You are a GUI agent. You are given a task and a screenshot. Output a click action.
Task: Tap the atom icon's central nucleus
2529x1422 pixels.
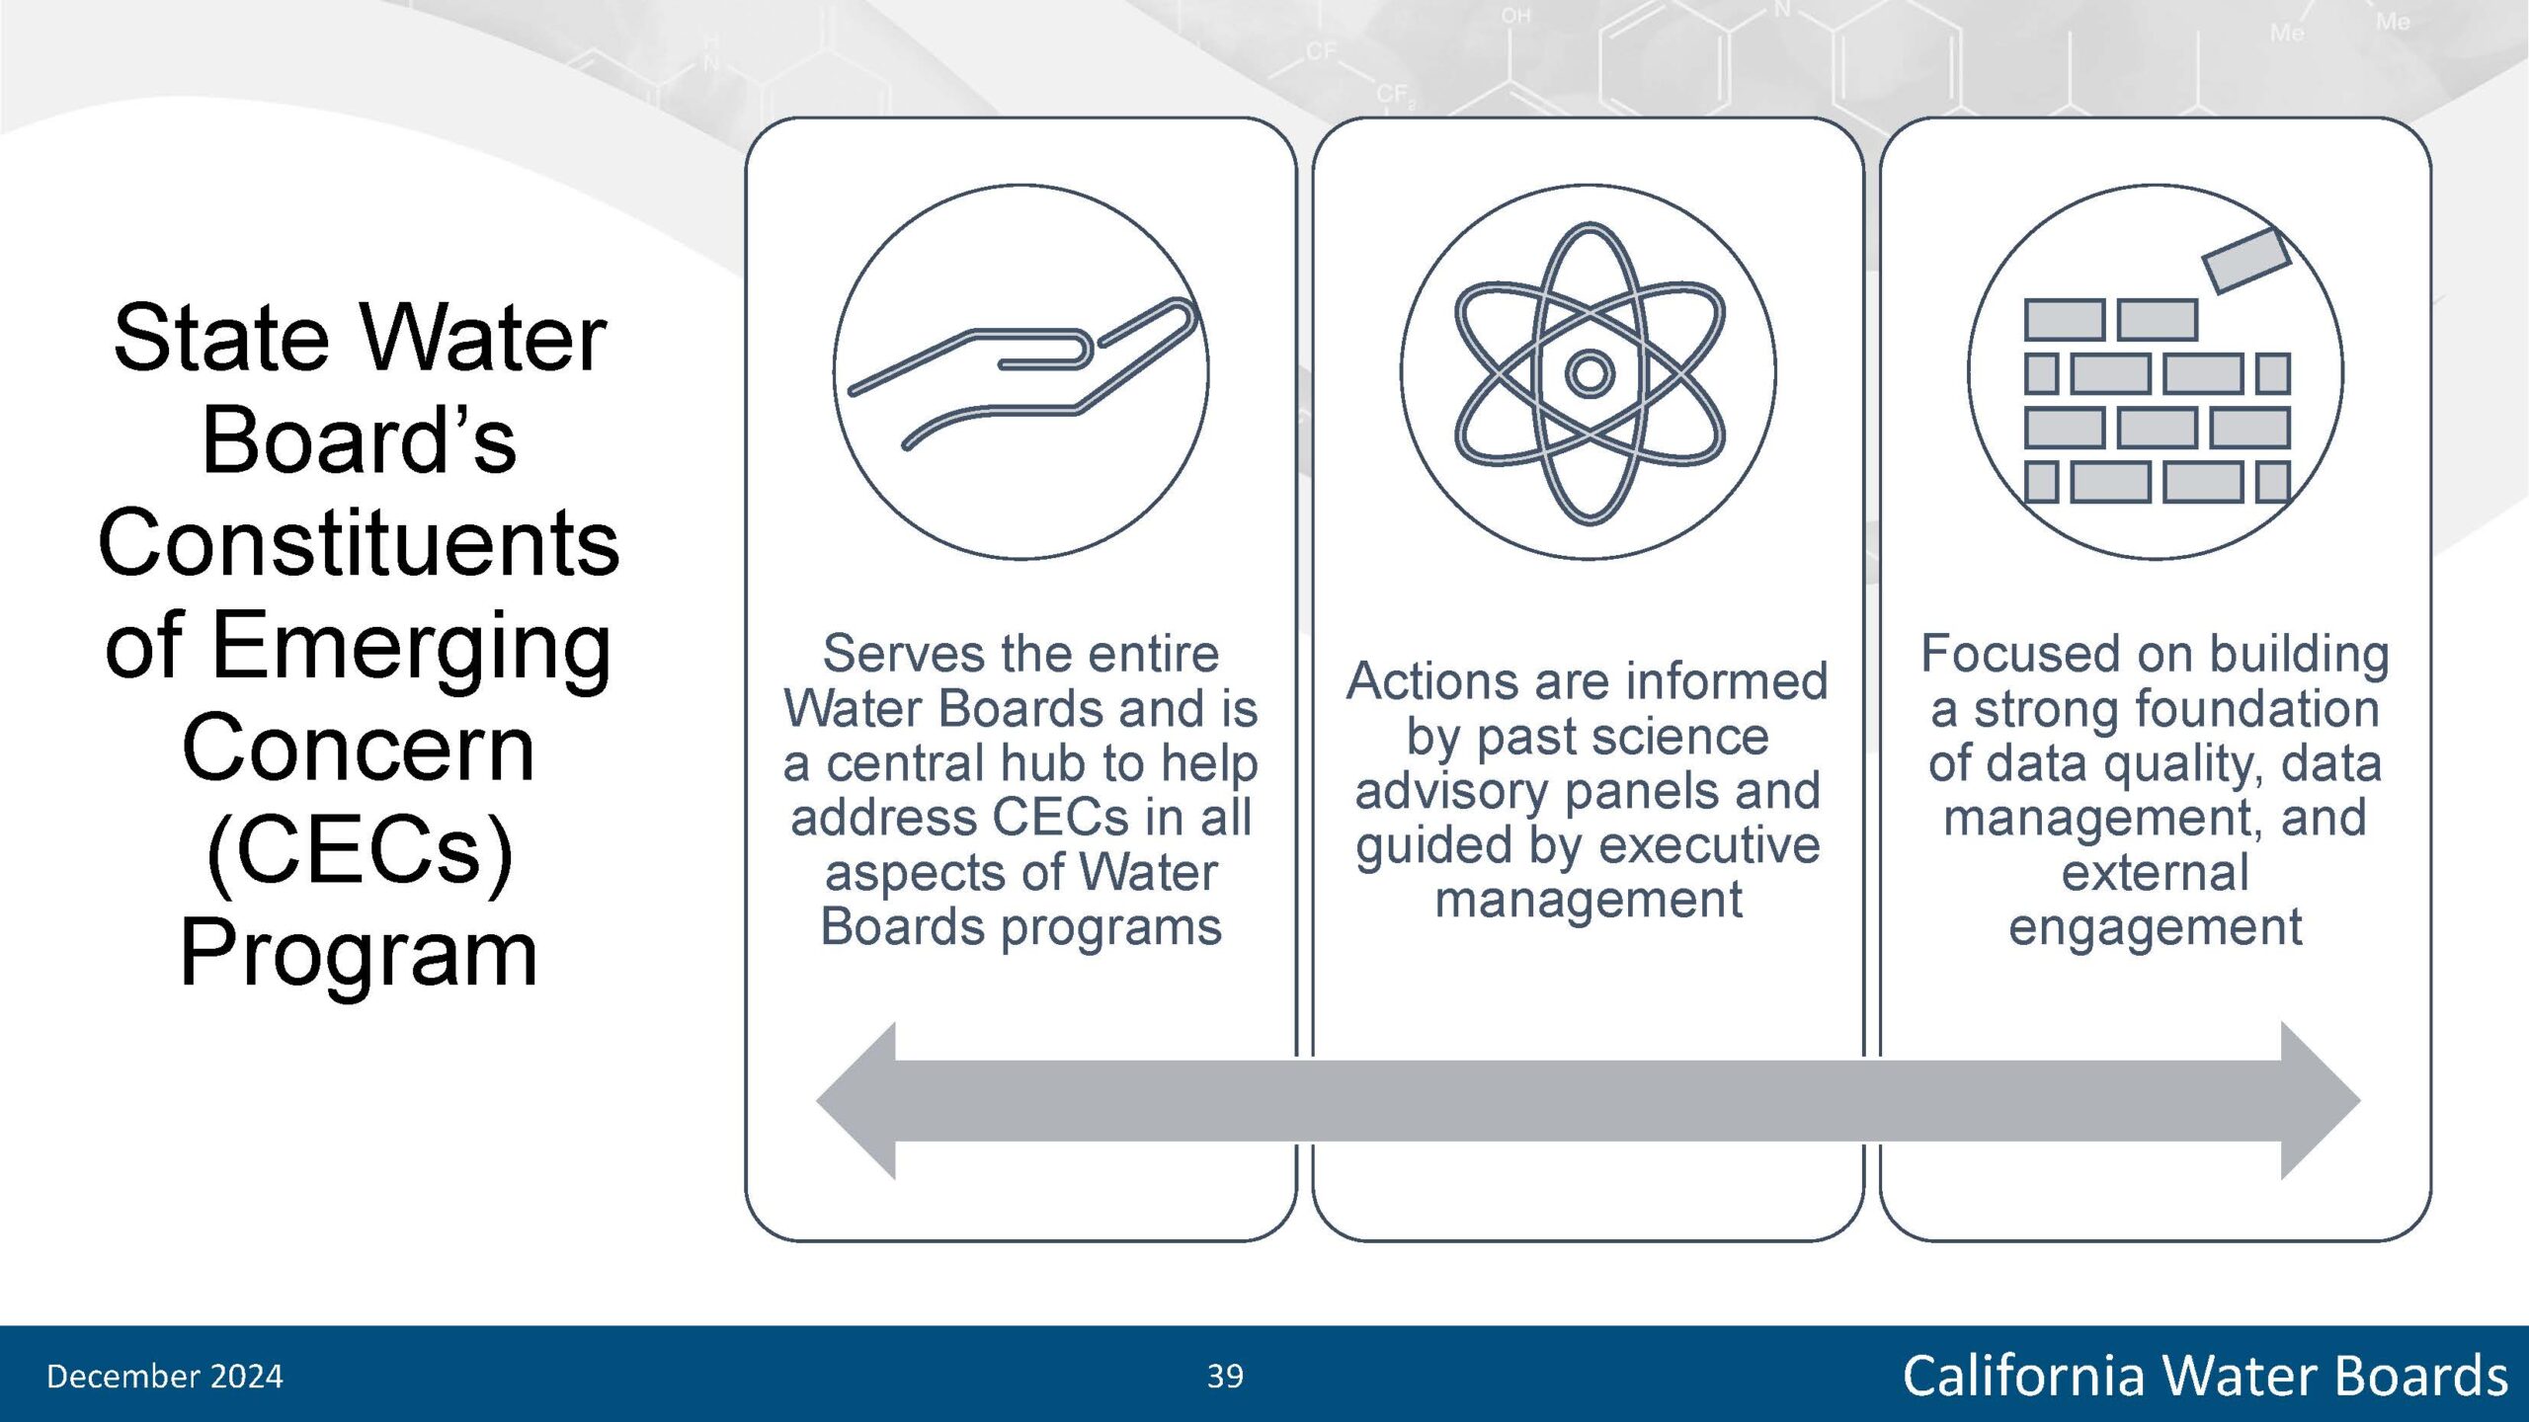click(x=1590, y=373)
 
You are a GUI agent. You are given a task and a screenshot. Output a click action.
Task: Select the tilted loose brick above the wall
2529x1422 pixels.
click(x=2246, y=261)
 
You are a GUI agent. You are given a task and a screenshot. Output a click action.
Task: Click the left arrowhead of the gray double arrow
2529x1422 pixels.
click(x=856, y=1101)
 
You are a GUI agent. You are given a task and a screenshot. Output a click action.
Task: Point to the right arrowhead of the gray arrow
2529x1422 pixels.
click(x=2321, y=1101)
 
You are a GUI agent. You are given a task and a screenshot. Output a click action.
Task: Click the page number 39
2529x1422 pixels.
click(x=1225, y=1376)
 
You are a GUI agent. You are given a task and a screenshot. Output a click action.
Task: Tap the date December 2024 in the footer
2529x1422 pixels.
click(x=165, y=1376)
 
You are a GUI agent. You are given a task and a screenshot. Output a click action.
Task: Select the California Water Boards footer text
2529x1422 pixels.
click(x=2205, y=1376)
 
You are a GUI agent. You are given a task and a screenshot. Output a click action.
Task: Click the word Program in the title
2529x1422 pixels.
click(x=359, y=954)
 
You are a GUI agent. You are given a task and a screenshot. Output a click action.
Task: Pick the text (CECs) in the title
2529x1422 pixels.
click(x=360, y=851)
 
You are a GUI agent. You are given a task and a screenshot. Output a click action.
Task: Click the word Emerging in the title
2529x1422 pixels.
click(x=412, y=648)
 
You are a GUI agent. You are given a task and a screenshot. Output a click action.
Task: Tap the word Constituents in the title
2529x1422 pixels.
click(x=359, y=542)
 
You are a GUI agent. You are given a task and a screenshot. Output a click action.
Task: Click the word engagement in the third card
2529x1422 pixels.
click(x=2156, y=927)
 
